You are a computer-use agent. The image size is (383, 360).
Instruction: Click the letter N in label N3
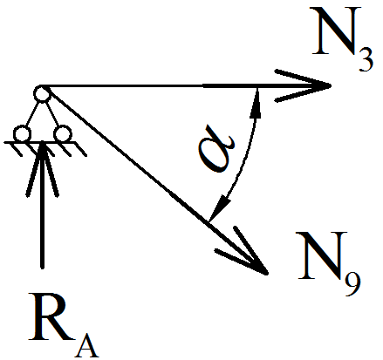point(335,31)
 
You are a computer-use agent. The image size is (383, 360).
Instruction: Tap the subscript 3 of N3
point(366,59)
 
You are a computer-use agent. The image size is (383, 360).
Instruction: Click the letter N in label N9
point(321,255)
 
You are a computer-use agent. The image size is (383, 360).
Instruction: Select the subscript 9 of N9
point(353,283)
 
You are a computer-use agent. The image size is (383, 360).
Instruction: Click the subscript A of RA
point(87,345)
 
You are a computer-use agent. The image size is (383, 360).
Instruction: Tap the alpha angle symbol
point(216,148)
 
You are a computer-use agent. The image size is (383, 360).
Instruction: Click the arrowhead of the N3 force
point(303,85)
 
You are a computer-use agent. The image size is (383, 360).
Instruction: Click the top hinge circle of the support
point(42,94)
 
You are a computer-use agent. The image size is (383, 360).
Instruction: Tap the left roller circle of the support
point(22,134)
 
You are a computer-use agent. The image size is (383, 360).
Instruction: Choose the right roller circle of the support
point(63,133)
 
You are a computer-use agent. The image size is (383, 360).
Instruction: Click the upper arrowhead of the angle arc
point(256,103)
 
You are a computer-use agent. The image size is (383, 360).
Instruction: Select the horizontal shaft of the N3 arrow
point(186,85)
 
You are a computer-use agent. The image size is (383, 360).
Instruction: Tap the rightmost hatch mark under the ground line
point(81,149)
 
